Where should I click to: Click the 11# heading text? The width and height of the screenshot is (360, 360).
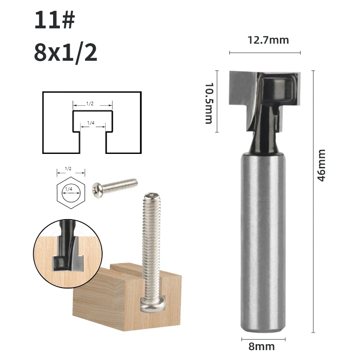coord(54,20)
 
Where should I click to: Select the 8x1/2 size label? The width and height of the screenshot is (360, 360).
coord(66,53)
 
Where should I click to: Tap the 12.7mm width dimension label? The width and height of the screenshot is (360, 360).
coord(268,40)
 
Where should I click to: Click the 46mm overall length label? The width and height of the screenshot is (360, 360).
coord(321,165)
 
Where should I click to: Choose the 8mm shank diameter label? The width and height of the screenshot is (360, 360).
coord(261,346)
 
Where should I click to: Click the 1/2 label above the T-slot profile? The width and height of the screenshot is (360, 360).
coord(90,104)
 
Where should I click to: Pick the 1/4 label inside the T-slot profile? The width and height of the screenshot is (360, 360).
coord(91,123)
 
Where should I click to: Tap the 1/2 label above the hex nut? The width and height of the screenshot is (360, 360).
coord(68,169)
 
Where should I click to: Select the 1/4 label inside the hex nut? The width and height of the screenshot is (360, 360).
coord(69,189)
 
